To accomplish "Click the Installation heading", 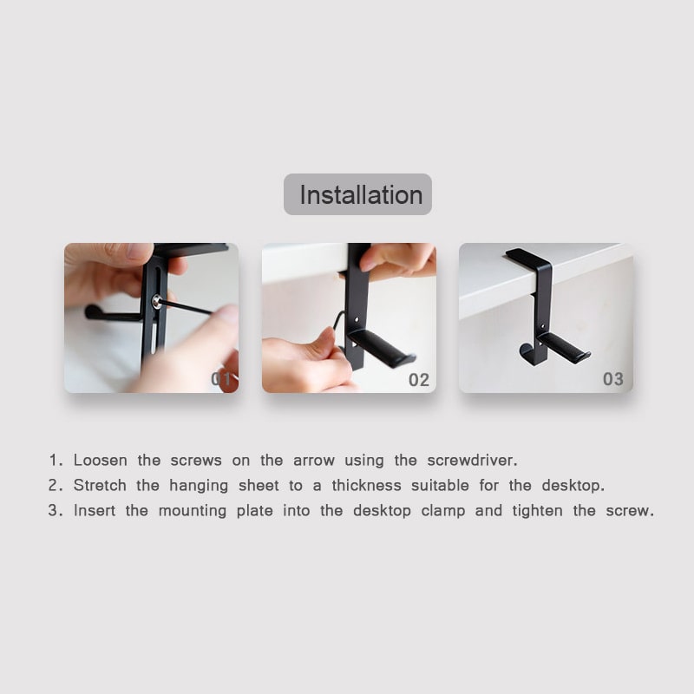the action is pyautogui.click(x=361, y=194).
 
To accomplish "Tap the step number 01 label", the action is pyautogui.click(x=221, y=379).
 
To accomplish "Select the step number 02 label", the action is pyautogui.click(x=419, y=380).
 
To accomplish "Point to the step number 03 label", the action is pyautogui.click(x=613, y=379).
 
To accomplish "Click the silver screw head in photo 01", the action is pyautogui.click(x=156, y=301).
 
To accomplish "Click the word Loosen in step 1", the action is pyautogui.click(x=101, y=461).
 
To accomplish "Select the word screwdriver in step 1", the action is pyautogui.click(x=472, y=461).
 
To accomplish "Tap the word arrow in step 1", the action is pyautogui.click(x=314, y=461).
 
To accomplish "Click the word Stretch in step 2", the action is pyautogui.click(x=100, y=486).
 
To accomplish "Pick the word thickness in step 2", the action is pyautogui.click(x=366, y=486).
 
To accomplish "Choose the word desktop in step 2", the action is pyautogui.click(x=573, y=486).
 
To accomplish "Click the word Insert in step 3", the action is pyautogui.click(x=95, y=511).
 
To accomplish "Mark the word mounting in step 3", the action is pyautogui.click(x=193, y=512).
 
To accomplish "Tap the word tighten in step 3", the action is pyautogui.click(x=537, y=512).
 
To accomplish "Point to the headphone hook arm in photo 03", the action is pyautogui.click(x=565, y=348).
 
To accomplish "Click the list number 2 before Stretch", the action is pyautogui.click(x=53, y=486).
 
